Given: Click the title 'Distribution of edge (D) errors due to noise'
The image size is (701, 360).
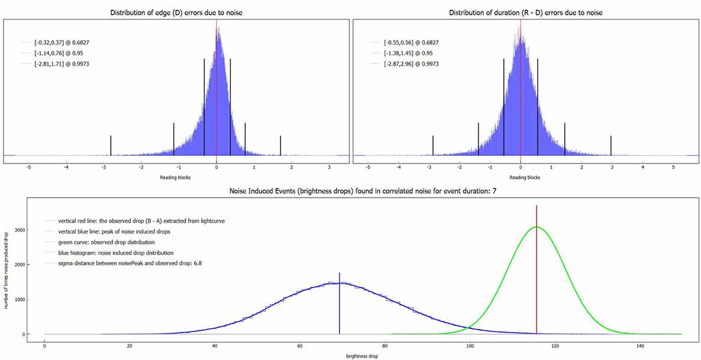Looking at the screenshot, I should [x=176, y=13].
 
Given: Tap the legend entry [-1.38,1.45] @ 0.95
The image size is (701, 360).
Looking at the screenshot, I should [x=406, y=54].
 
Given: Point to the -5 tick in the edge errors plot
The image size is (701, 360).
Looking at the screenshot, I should [x=29, y=167].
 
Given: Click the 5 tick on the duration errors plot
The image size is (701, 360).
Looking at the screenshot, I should [x=673, y=167].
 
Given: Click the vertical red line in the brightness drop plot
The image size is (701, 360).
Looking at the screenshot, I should [x=536, y=274].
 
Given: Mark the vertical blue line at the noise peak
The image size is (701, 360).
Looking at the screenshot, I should [x=340, y=304].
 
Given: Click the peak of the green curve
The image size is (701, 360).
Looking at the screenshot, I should [x=536, y=227].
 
